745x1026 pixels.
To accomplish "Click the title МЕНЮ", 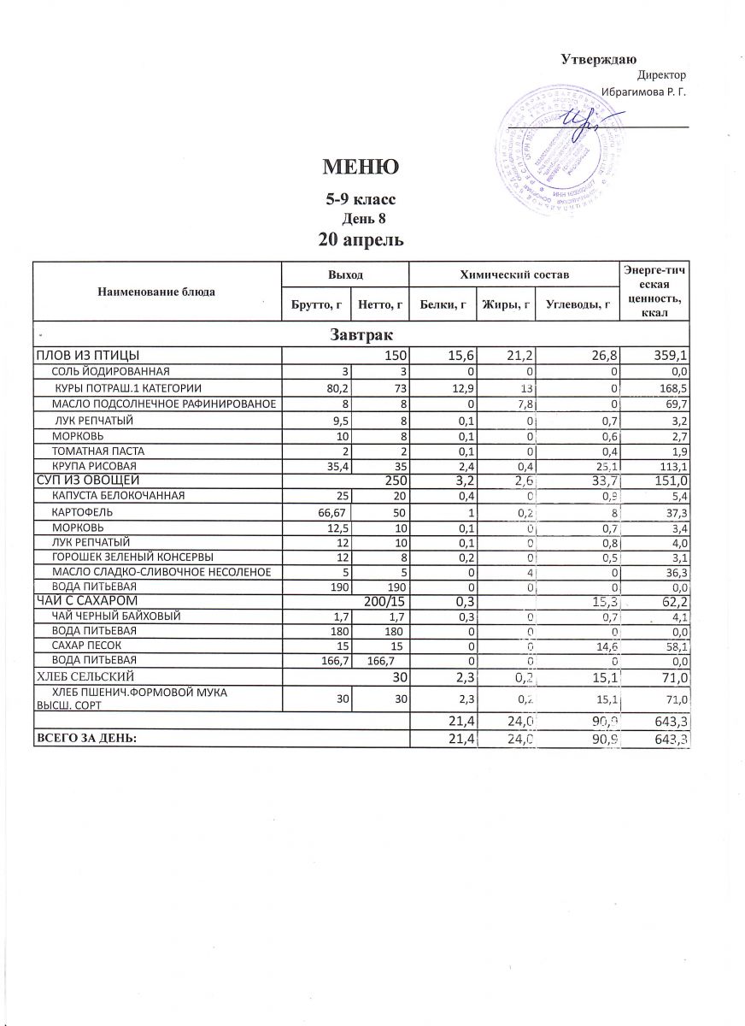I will [360, 168].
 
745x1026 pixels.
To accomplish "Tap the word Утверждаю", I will [598, 59].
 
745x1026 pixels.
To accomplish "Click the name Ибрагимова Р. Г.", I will [644, 91].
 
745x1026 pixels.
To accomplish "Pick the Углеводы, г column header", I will [578, 303].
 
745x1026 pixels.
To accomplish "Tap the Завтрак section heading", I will [360, 333].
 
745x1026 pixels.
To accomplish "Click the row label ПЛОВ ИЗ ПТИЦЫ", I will [86, 354].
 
